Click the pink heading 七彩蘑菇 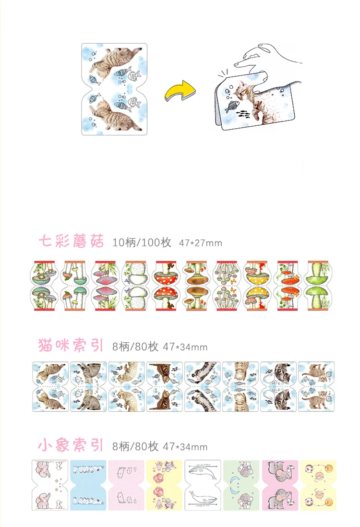[x=71, y=241]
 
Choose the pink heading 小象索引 [x=71, y=445]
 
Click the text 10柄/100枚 [x=142, y=242]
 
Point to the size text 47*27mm [x=201, y=243]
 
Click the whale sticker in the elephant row [x=203, y=485]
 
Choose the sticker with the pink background [x=126, y=485]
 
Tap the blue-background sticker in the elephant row [x=88, y=485]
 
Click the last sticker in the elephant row [x=318, y=485]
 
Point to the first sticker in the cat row [x=50, y=387]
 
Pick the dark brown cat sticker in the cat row [x=165, y=387]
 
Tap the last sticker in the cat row [x=316, y=387]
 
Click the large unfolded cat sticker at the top [x=112, y=89]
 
